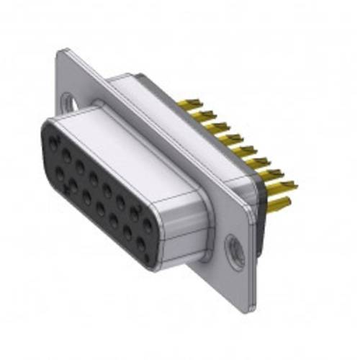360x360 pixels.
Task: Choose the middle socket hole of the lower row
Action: [x=100, y=204]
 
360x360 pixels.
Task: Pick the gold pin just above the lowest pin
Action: [x=277, y=173]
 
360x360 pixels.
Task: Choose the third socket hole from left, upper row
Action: [x=81, y=163]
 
